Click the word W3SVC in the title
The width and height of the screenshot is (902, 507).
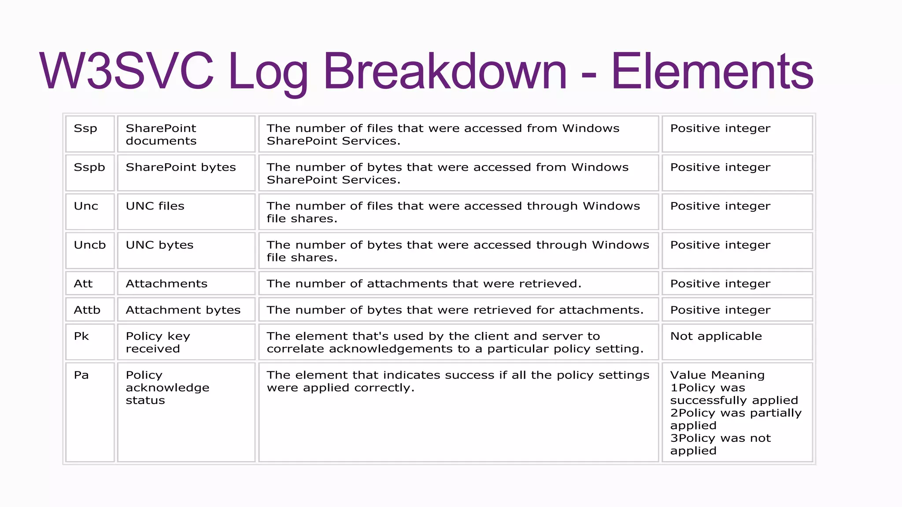pos(126,71)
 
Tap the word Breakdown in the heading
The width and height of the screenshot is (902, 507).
pos(445,71)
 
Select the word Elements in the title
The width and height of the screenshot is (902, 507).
pos(712,71)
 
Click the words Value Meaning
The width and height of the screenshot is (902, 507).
pos(717,375)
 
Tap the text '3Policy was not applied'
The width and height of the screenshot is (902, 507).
pos(721,445)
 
